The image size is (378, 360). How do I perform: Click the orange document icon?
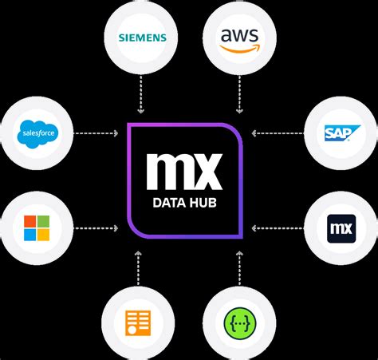[x=138, y=320]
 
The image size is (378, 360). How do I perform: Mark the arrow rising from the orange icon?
[x=138, y=267]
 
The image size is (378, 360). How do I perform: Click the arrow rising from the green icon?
[x=239, y=267]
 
